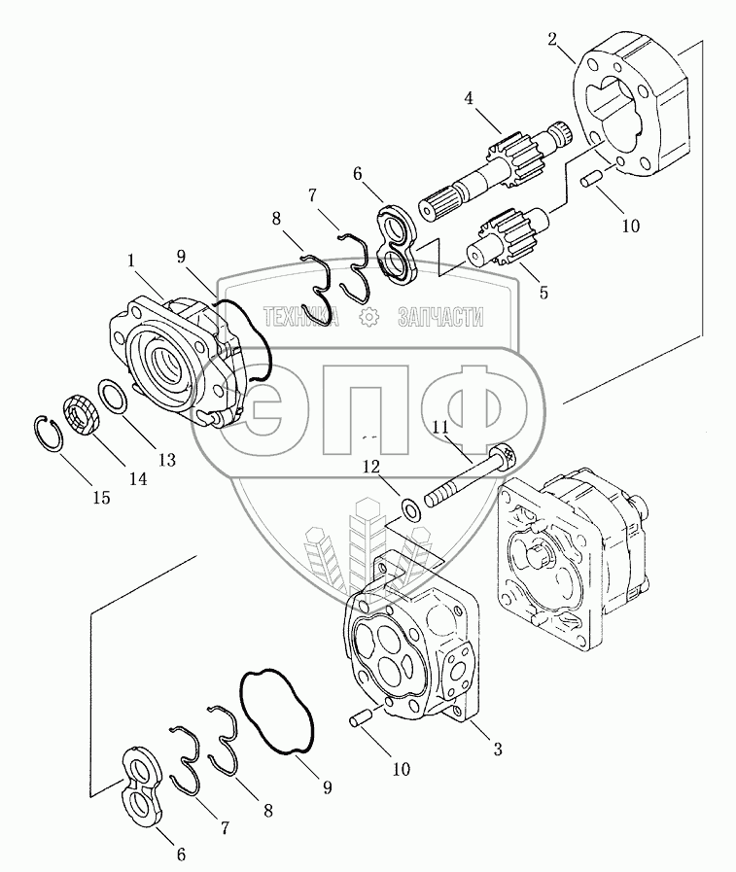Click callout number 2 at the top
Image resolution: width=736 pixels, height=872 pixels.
(x=552, y=41)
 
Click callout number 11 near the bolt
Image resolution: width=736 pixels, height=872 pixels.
(x=440, y=427)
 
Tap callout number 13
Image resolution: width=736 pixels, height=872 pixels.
(x=167, y=460)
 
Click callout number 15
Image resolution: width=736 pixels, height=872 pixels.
(x=101, y=497)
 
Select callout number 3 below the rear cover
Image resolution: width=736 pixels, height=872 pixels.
(x=497, y=749)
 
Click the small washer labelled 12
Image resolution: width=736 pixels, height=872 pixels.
(x=412, y=506)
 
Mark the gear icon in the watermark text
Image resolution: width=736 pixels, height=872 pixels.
(x=368, y=316)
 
